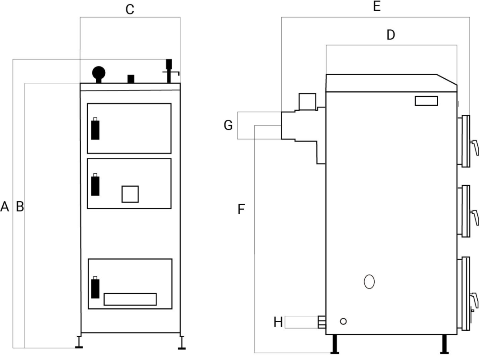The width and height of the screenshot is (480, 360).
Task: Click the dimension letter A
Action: point(5,207)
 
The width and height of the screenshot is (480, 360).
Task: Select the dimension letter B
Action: point(20,207)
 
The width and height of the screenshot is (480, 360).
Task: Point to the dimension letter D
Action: point(390,35)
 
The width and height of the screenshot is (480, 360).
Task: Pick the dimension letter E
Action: point(377,6)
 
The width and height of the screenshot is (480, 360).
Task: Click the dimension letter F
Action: point(241,209)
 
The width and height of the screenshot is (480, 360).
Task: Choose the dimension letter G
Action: point(228,126)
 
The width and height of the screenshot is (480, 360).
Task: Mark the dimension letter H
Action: point(278,322)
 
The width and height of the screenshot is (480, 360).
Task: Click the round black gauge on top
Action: point(99,72)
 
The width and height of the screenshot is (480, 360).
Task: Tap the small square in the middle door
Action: point(130,194)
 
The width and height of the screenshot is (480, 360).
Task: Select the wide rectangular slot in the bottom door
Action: point(130,299)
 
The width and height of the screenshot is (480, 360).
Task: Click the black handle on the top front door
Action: point(95,130)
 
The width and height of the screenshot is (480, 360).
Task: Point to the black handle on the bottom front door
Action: point(95,288)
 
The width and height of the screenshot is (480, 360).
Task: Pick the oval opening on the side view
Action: point(369,281)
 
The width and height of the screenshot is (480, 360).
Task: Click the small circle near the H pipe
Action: point(343,321)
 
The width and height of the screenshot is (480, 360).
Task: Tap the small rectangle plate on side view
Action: point(426,101)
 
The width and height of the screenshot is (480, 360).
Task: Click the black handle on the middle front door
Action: point(95,185)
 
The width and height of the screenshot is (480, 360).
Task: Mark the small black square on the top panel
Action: point(131,79)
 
